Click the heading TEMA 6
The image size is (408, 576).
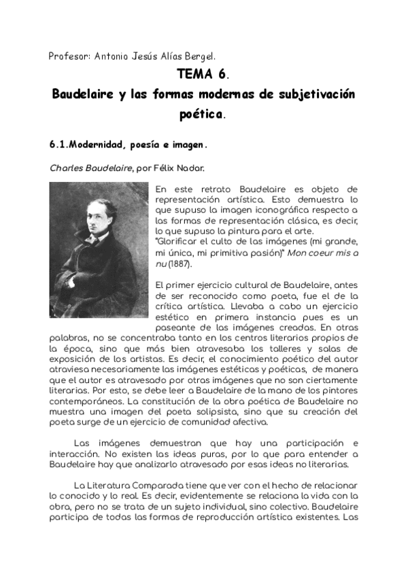click(x=203, y=74)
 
